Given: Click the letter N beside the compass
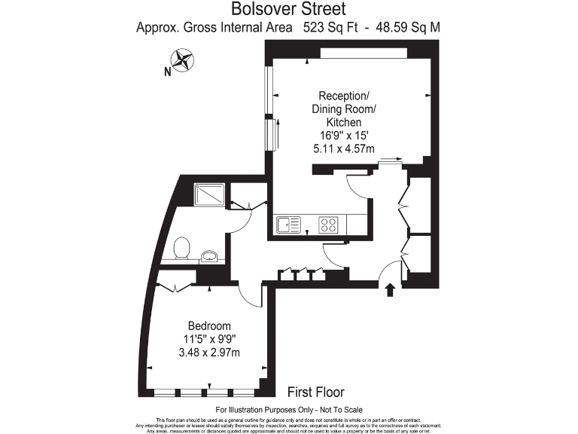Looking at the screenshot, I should [x=166, y=72].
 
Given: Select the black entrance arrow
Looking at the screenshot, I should [x=390, y=290].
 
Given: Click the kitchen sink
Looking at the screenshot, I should [x=288, y=224].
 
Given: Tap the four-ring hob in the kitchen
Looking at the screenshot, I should [x=329, y=224].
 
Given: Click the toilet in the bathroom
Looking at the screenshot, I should [x=181, y=248].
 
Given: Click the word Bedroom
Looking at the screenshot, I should [x=208, y=325].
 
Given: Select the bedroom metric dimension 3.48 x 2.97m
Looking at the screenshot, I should [x=208, y=353].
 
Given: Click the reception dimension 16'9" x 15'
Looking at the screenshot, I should [x=343, y=136].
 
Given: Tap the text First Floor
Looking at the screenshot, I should [x=316, y=392].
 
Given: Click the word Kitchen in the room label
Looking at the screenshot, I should [x=343, y=122].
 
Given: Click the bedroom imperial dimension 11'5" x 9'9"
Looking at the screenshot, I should [x=208, y=339].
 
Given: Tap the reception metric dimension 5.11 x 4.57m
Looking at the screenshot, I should [x=343, y=149].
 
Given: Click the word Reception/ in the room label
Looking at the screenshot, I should [x=343, y=96].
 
